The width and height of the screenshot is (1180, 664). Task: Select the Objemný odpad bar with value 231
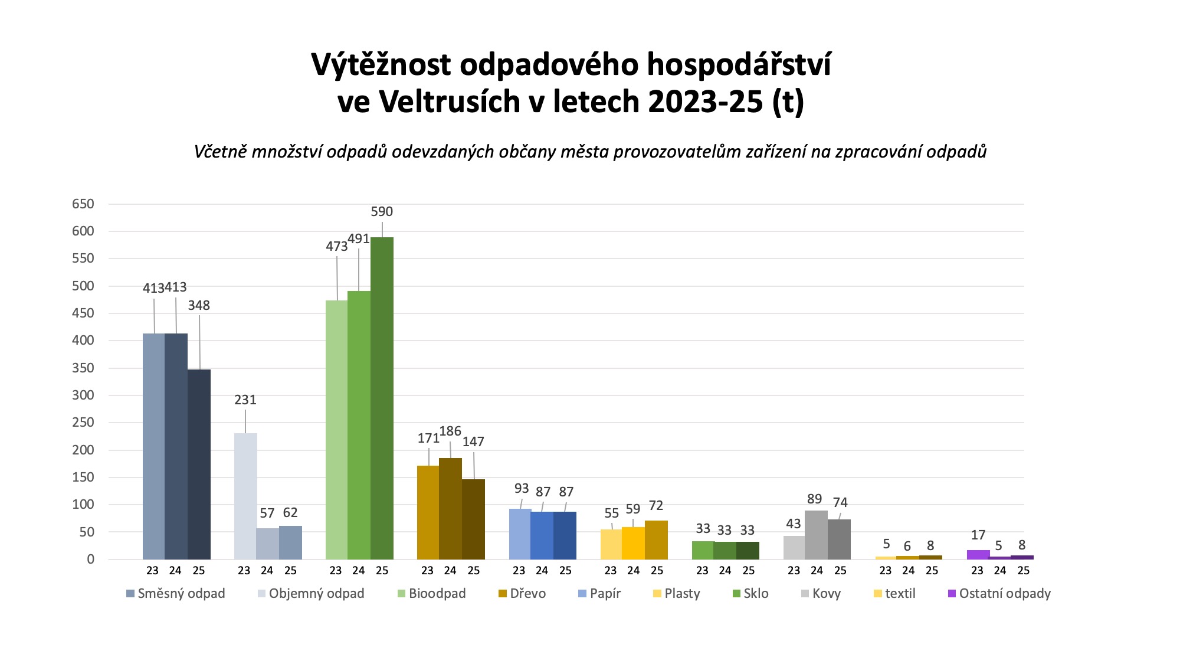point(245,496)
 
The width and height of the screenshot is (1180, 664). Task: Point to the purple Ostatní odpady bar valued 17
point(978,555)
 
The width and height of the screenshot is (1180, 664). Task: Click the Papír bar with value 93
point(520,534)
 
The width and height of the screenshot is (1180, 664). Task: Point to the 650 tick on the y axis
point(83,204)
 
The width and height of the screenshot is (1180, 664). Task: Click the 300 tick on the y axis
point(83,395)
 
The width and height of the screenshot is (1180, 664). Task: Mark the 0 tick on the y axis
point(90,560)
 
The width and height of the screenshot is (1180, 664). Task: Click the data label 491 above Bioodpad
point(359,239)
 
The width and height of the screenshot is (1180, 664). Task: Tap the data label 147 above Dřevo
point(473,441)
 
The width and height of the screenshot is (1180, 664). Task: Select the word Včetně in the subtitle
point(220,152)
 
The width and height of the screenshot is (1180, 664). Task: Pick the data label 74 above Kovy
point(840,502)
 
